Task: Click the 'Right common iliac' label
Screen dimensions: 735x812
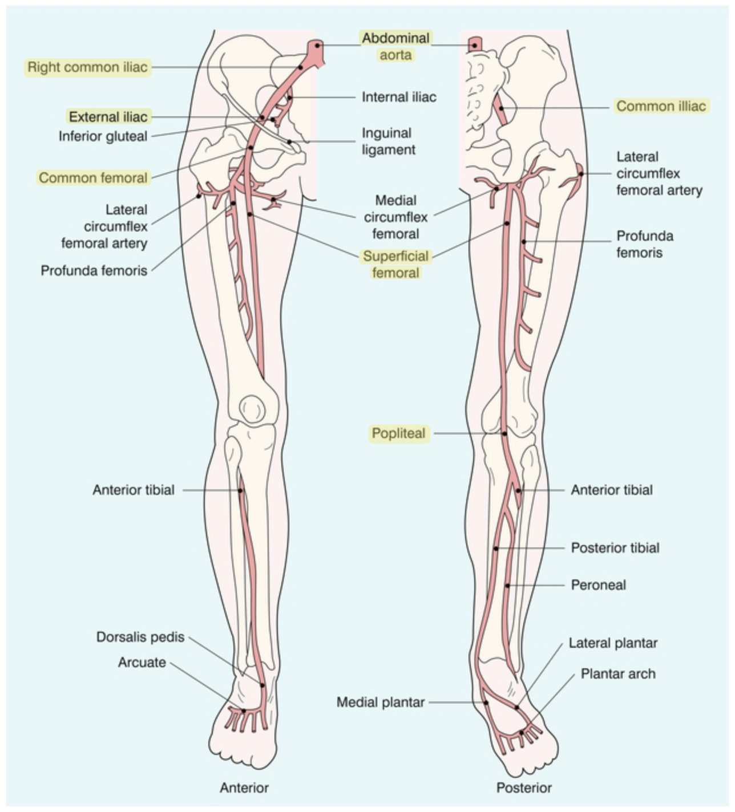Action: coord(87,67)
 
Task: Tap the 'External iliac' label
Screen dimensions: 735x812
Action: coord(108,117)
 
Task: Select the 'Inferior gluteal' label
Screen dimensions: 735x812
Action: coord(103,136)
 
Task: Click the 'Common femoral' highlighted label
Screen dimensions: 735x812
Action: coord(93,178)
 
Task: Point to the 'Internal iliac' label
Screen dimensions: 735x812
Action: coord(399,97)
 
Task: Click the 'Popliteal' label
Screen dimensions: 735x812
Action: coord(399,433)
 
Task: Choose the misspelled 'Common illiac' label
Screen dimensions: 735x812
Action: coord(661,106)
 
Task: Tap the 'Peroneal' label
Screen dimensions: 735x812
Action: coord(599,585)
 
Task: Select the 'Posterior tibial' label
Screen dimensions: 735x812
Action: coord(615,548)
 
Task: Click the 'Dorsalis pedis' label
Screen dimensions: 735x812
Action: coord(140,637)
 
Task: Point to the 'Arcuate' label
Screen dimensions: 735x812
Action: coord(142,663)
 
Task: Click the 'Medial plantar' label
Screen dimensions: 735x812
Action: coord(381,703)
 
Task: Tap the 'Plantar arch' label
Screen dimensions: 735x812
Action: coord(619,674)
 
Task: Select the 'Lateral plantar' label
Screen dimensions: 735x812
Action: coord(613,643)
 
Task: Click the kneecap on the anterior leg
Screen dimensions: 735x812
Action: coord(252,409)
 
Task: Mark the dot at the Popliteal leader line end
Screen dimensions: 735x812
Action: coord(504,433)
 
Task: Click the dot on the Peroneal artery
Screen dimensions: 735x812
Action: coord(507,585)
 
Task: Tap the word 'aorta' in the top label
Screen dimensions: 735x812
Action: coord(395,55)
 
